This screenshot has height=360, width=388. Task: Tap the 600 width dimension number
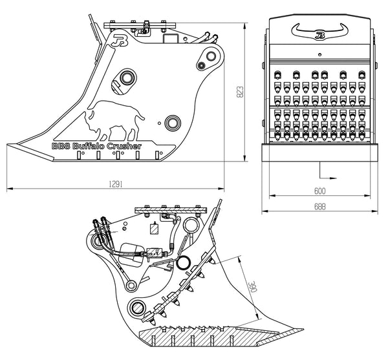pyautogui.click(x=319, y=192)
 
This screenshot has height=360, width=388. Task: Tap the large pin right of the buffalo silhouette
pyautogui.click(x=172, y=122)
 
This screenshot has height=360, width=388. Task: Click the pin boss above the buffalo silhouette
pyautogui.click(x=126, y=78)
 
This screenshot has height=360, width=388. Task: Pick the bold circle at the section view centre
pyautogui.click(x=184, y=262)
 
